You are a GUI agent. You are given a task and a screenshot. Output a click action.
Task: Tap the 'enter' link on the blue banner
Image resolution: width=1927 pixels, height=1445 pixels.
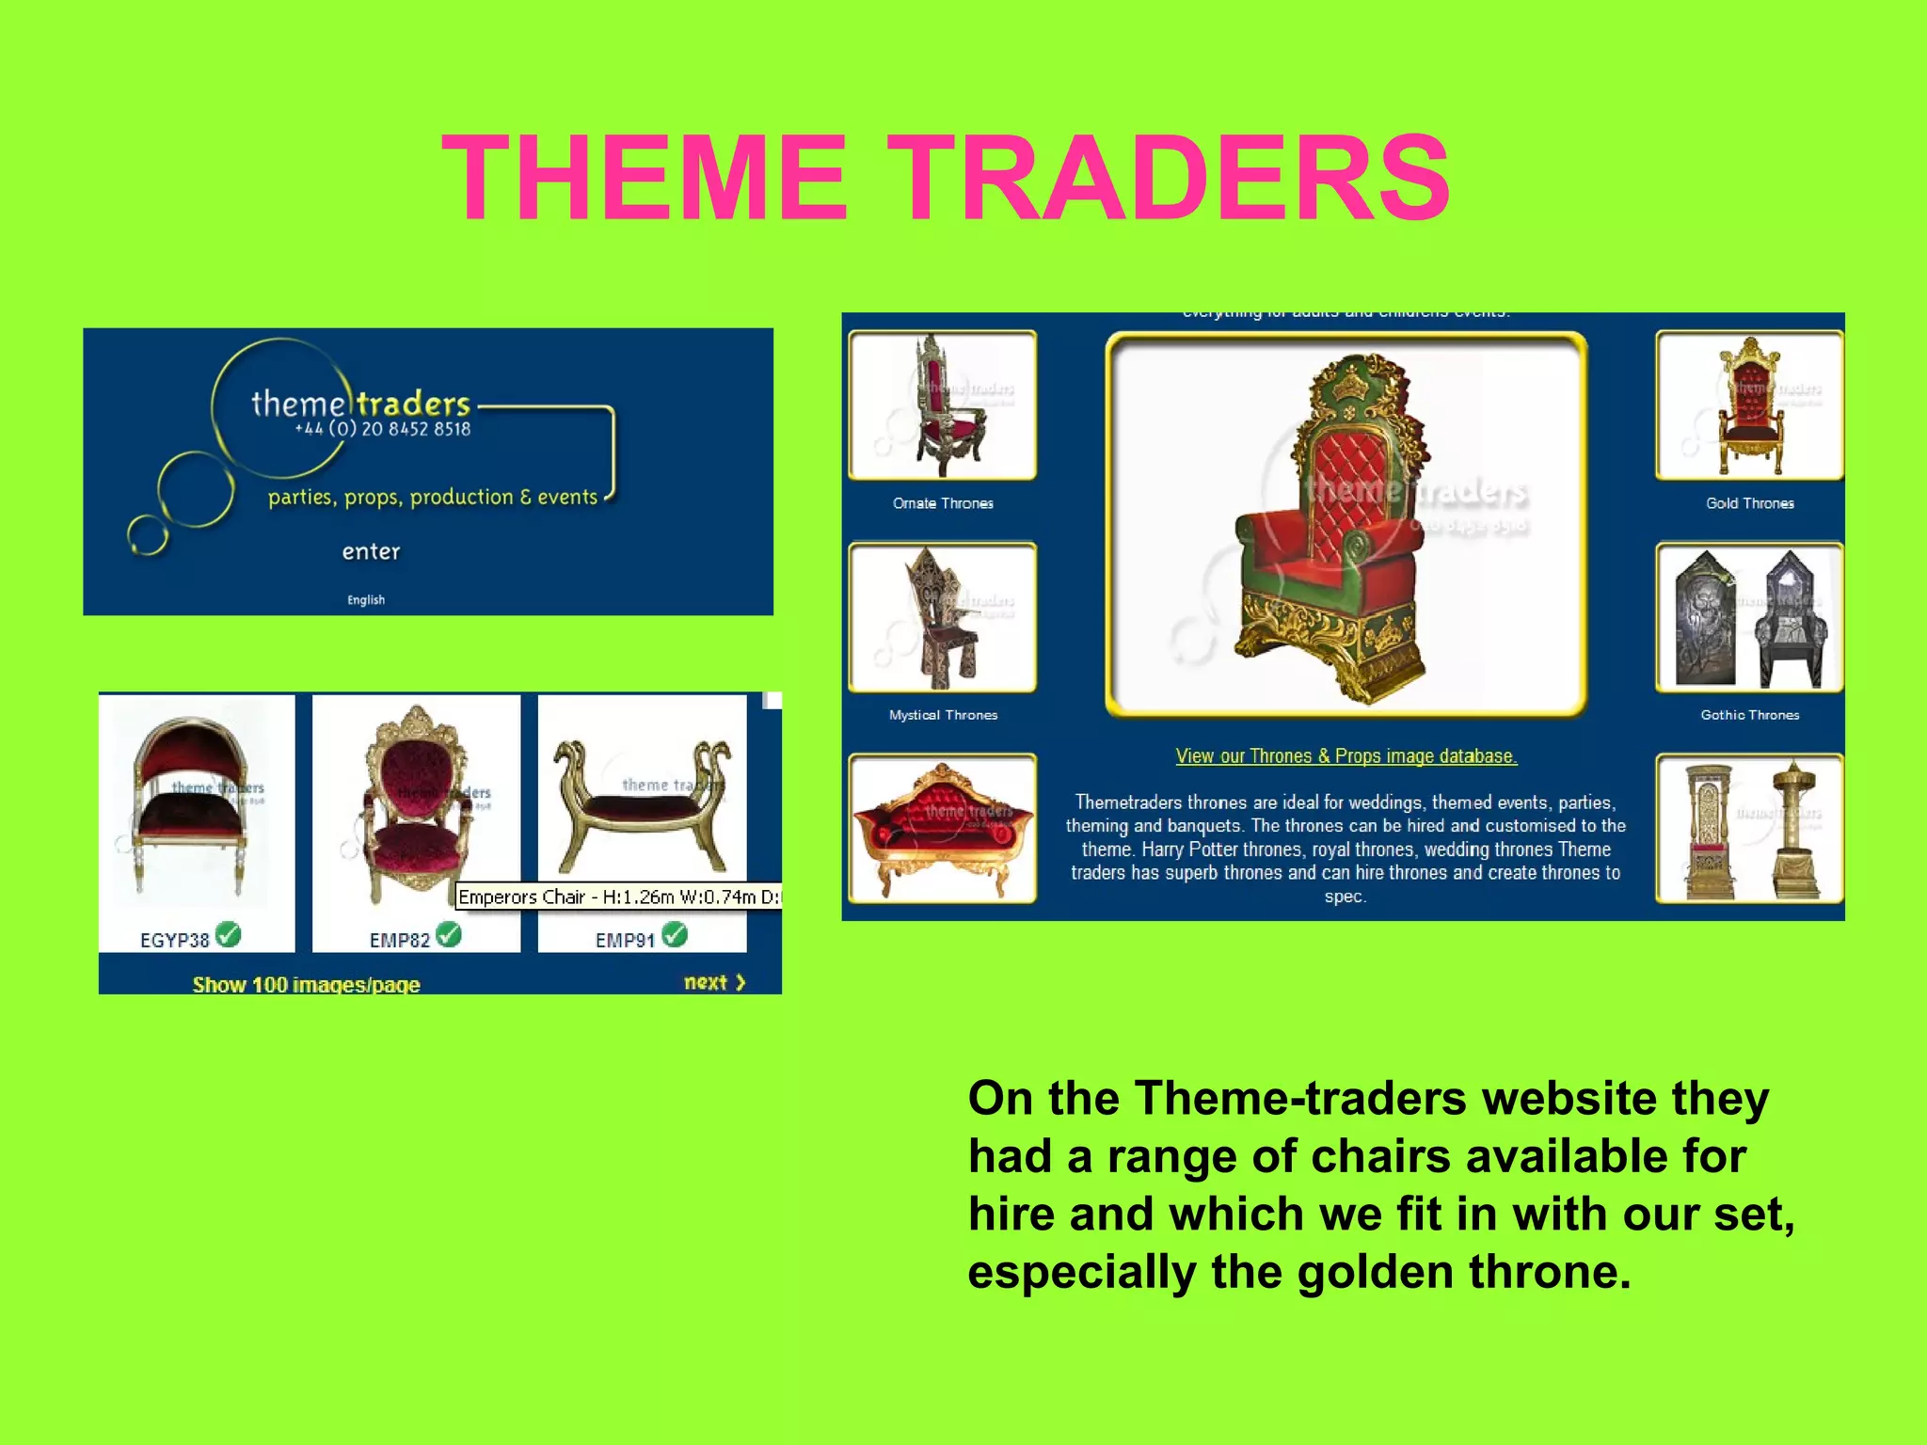coord(371,551)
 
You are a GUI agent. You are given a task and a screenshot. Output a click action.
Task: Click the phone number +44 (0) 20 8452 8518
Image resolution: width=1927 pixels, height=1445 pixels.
coord(382,429)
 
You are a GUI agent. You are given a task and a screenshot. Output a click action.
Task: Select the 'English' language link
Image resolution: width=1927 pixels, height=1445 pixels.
coord(365,600)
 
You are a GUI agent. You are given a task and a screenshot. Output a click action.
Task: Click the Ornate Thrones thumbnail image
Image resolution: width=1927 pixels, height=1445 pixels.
coord(942,405)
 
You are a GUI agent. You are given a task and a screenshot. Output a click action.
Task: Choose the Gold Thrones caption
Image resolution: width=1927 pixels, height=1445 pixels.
coord(1749,503)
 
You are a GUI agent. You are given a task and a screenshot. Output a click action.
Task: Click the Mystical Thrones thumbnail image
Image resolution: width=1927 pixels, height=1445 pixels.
coord(942,617)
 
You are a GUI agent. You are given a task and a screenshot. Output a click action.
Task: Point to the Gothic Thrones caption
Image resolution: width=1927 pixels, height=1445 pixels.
coord(1749,715)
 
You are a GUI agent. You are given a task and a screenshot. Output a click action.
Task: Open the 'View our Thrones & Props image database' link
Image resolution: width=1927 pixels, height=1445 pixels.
coord(1346,756)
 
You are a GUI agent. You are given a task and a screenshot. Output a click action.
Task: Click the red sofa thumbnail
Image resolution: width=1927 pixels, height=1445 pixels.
coord(942,829)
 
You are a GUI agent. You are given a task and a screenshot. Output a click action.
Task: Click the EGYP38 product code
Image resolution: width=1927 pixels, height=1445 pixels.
coord(174,940)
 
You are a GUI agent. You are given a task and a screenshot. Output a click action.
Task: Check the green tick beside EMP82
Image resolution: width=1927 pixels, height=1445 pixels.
coord(449,934)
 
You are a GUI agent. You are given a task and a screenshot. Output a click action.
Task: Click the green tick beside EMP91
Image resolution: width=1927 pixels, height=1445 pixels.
coord(675,934)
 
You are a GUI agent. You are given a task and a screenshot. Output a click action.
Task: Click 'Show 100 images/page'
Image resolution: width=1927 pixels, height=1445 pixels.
coord(306,985)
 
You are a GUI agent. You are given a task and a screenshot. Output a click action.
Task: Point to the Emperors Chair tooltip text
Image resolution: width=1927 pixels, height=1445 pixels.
coord(617,897)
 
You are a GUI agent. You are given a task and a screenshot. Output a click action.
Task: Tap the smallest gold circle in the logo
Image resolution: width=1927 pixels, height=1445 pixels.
coord(148,535)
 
